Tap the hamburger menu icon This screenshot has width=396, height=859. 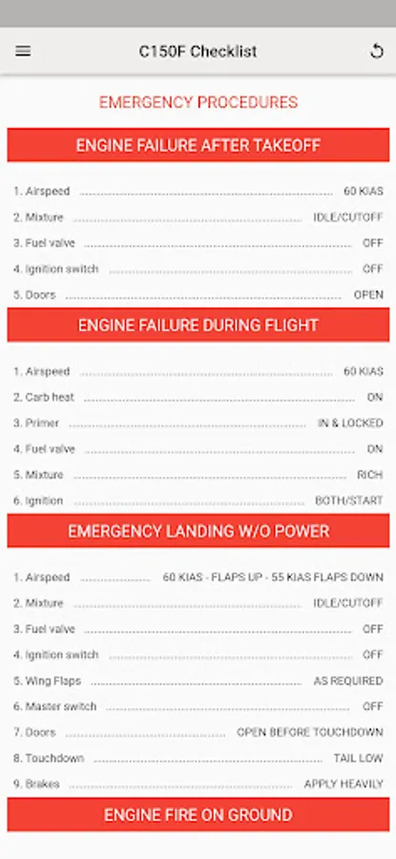click(23, 51)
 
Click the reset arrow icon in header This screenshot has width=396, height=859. click(376, 51)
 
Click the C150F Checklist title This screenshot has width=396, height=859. click(198, 52)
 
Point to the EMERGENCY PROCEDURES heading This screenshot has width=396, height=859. click(198, 102)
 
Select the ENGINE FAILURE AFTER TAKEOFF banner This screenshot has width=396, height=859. click(198, 145)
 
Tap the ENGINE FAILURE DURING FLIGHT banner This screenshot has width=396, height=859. click(198, 325)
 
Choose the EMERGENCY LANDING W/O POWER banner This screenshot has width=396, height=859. click(198, 531)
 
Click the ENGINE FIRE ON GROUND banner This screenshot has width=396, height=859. click(198, 815)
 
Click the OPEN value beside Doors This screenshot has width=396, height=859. click(368, 295)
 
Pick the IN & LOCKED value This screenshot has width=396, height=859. click(350, 423)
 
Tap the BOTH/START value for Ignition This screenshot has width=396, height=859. click(349, 501)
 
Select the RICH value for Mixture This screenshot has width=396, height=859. click(369, 474)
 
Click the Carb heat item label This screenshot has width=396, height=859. click(44, 397)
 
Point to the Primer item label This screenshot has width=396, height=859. click(36, 423)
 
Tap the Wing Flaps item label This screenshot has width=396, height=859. click(47, 681)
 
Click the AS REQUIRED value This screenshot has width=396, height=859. click(348, 681)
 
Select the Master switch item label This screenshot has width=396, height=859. click(54, 706)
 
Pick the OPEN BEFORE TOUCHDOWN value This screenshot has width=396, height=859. click(310, 732)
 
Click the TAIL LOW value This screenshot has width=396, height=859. click(358, 758)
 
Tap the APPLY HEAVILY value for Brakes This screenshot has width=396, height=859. click(344, 784)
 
